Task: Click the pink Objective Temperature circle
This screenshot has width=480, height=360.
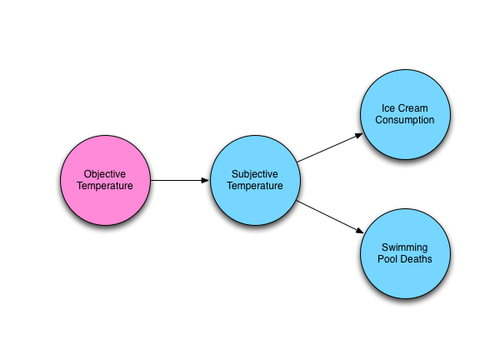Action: (x=105, y=180)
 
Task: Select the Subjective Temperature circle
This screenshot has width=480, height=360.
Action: (x=255, y=180)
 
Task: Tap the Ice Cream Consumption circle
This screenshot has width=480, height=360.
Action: (x=405, y=114)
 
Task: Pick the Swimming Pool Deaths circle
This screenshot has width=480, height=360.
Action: (x=405, y=253)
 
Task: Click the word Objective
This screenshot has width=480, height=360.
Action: (x=105, y=174)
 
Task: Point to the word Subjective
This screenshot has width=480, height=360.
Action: (x=255, y=174)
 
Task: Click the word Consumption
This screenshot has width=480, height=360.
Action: (x=405, y=120)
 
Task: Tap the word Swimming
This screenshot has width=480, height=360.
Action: (x=405, y=247)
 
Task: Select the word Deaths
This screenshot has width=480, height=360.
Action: (x=417, y=259)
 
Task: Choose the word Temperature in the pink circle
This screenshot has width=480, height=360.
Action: (x=105, y=186)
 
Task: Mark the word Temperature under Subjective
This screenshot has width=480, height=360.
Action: (x=255, y=186)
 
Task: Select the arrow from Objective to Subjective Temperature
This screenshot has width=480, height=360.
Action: (x=180, y=180)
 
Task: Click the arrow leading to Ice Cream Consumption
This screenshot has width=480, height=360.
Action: (x=330, y=147)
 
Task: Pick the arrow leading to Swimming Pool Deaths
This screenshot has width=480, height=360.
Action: (x=330, y=217)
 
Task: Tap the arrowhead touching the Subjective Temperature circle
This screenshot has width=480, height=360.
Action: (x=205, y=180)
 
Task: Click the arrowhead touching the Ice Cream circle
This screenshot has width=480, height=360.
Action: (x=359, y=135)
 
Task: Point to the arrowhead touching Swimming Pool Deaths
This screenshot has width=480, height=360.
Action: (x=360, y=231)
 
